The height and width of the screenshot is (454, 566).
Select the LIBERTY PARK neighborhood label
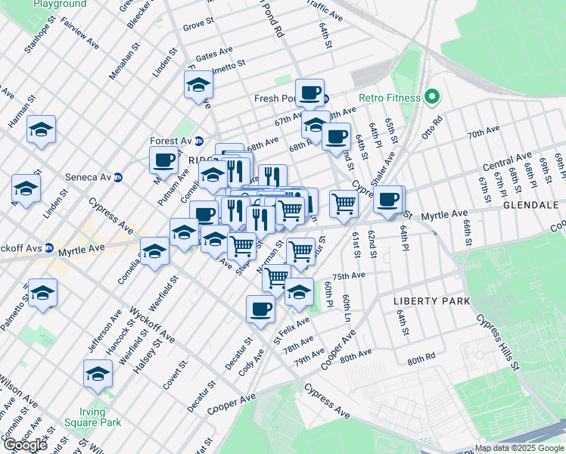point(431,301)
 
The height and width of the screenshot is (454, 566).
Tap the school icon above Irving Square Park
point(98,373)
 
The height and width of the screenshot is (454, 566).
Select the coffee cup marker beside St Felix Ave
point(260,309)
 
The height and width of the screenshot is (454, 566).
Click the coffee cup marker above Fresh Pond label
point(309,92)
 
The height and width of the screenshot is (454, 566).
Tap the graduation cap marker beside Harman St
point(41,129)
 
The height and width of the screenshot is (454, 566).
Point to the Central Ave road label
point(507,162)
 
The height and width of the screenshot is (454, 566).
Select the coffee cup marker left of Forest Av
point(163,160)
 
